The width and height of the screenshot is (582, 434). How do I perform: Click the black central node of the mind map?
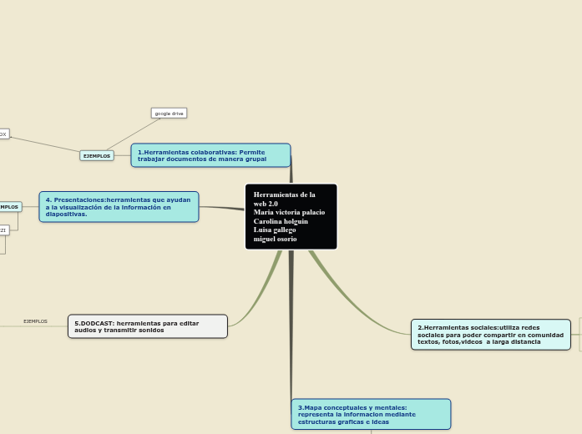(x=291, y=217)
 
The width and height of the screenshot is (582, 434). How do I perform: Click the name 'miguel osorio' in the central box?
(x=275, y=240)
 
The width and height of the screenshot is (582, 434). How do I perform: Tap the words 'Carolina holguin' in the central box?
(x=281, y=221)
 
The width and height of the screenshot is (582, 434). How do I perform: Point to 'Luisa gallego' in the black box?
(x=275, y=230)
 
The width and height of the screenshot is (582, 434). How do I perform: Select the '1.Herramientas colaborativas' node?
(x=210, y=155)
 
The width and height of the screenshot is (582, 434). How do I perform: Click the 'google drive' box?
(x=169, y=113)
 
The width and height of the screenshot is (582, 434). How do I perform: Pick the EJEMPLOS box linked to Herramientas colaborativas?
(x=97, y=155)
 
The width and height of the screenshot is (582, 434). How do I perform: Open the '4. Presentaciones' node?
(x=119, y=207)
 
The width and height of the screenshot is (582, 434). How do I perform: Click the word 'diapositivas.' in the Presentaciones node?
(x=66, y=214)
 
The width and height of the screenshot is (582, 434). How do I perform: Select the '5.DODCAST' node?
(x=147, y=326)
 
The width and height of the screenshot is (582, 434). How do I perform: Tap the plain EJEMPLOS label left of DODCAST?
(x=35, y=321)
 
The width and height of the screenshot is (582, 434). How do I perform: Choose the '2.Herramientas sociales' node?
(x=490, y=335)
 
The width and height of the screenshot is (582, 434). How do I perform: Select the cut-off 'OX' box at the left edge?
(x=3, y=134)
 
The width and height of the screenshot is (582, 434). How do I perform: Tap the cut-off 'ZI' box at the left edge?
(x=3, y=230)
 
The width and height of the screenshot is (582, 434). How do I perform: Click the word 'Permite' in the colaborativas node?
(x=252, y=152)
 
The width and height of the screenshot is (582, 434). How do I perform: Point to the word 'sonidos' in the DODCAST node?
(x=150, y=331)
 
